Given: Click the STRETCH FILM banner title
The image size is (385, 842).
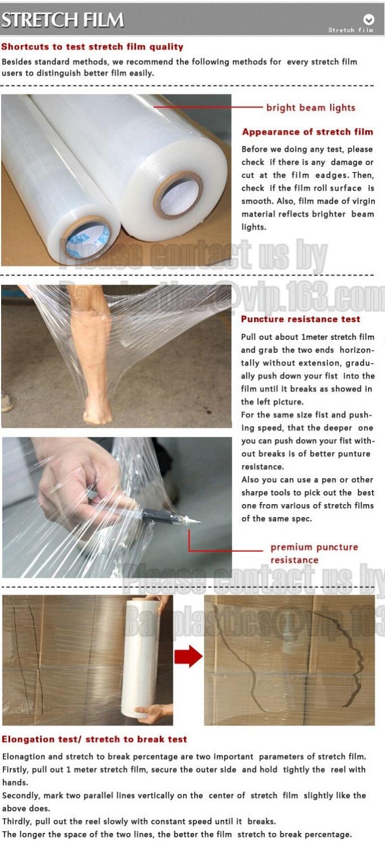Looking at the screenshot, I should (62, 20).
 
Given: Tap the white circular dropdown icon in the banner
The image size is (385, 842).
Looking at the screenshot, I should (369, 19).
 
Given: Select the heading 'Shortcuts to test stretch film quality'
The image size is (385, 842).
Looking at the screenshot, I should (92, 47).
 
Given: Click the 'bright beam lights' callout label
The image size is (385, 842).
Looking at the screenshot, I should (310, 108).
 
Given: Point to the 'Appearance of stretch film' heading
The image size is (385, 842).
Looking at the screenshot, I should (307, 132).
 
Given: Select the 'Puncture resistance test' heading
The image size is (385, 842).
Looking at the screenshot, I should (300, 319).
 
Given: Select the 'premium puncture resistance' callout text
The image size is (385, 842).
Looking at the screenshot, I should (314, 553).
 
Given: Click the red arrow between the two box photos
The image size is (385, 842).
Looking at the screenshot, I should (188, 656).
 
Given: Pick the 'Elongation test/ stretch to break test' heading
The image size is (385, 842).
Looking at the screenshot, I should (94, 739).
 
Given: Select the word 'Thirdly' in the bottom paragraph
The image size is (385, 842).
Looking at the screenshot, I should (16, 821).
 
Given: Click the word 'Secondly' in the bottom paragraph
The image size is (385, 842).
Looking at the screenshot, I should (20, 796).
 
